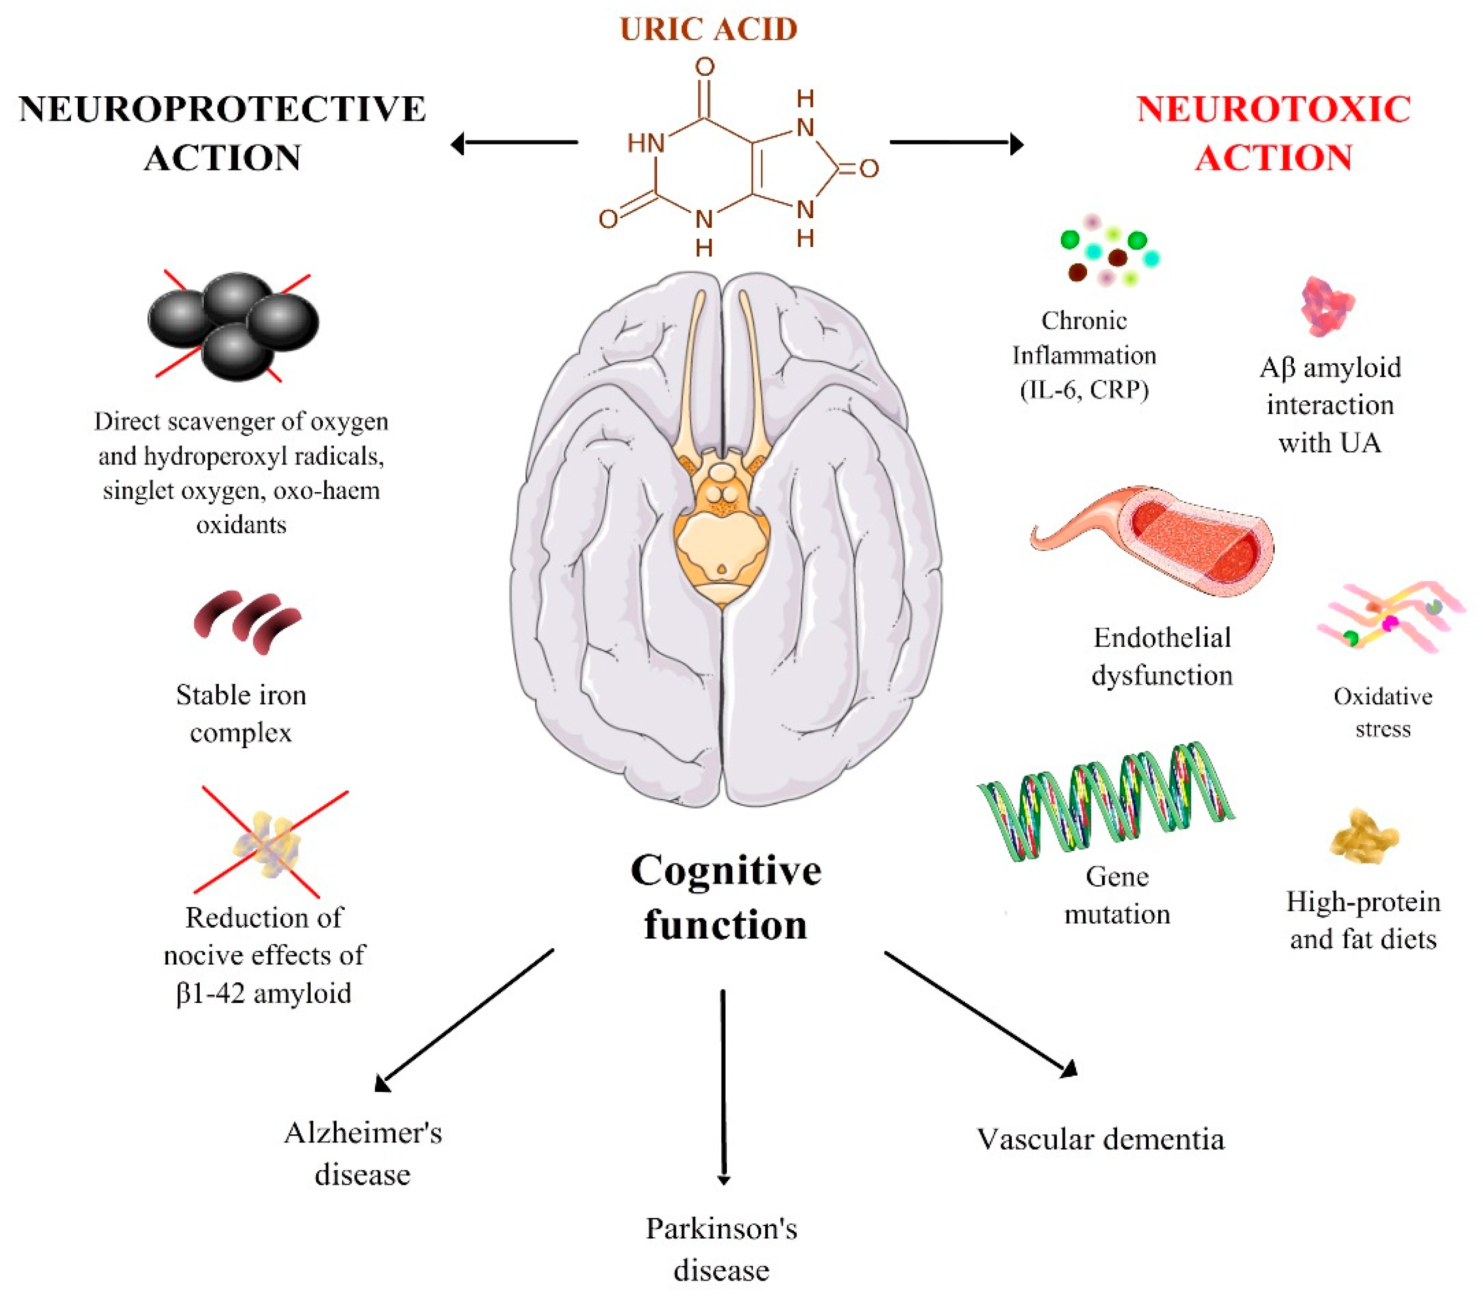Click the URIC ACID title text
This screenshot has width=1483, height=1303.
tap(709, 29)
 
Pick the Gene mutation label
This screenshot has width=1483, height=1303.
tap(1117, 895)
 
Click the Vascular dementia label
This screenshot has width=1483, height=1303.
tap(1101, 1140)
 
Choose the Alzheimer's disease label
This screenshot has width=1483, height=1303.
tap(363, 1153)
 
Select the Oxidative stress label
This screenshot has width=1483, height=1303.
tap(1383, 712)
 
